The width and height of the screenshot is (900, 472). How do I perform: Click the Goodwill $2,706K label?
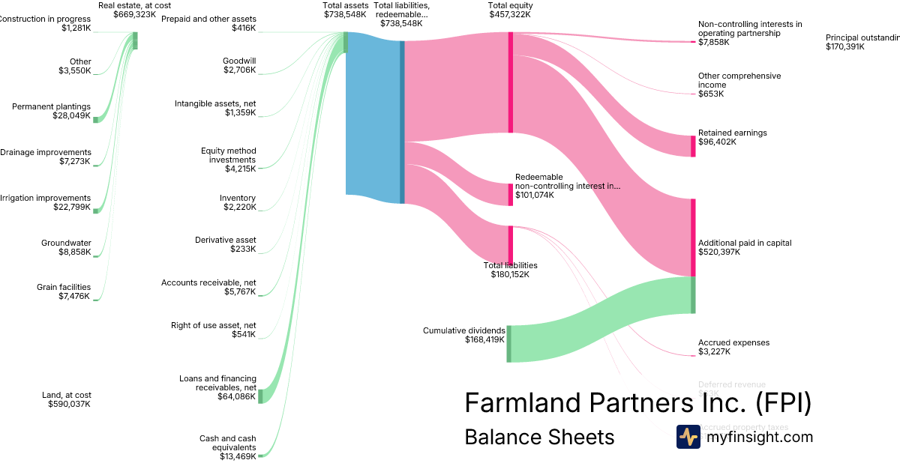coord(239,65)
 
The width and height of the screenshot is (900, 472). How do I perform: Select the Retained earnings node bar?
coord(693,146)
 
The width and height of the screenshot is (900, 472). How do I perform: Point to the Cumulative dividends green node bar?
coord(508,344)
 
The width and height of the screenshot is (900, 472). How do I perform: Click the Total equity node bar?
coord(510,82)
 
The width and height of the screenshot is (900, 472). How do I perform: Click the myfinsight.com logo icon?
coord(688,437)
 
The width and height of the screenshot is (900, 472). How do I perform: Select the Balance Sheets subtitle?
coord(539,437)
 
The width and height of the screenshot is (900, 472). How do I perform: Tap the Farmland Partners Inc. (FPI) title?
coord(637,403)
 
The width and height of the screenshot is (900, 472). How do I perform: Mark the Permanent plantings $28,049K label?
coord(51,111)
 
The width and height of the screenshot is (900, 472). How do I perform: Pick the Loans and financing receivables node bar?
coord(260,396)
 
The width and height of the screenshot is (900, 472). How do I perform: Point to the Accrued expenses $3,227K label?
coord(733,347)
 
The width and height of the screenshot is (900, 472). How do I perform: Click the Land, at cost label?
coord(67,399)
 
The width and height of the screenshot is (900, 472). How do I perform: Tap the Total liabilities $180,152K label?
coord(510,270)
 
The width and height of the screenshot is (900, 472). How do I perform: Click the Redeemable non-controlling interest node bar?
coord(510,195)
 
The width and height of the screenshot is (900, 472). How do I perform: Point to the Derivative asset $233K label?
coord(225,244)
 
